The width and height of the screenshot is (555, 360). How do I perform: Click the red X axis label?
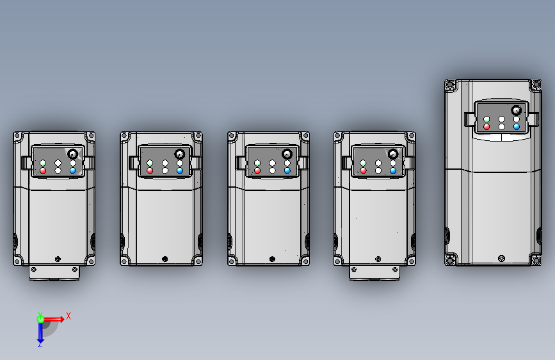point(68,316)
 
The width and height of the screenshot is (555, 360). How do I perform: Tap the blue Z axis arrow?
point(40,332)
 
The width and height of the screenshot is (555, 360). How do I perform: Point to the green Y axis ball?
point(40,318)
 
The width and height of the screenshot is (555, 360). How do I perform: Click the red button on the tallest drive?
point(487,126)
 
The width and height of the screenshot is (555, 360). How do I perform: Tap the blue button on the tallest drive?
point(517,126)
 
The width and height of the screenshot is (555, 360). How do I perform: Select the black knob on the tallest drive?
point(516,110)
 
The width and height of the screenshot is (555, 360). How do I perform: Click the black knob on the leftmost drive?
point(72,154)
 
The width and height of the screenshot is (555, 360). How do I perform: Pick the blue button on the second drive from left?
point(180,170)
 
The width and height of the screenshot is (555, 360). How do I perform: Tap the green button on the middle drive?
point(257,163)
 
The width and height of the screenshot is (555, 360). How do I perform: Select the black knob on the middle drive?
point(286,154)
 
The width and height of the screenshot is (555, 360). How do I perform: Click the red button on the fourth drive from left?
point(363,170)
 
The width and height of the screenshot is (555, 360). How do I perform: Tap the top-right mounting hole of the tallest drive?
point(535,85)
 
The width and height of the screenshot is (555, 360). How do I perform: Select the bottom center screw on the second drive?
point(165,259)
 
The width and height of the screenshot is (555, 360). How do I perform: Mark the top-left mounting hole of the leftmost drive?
point(17,136)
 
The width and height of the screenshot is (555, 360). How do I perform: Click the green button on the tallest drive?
point(487,119)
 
